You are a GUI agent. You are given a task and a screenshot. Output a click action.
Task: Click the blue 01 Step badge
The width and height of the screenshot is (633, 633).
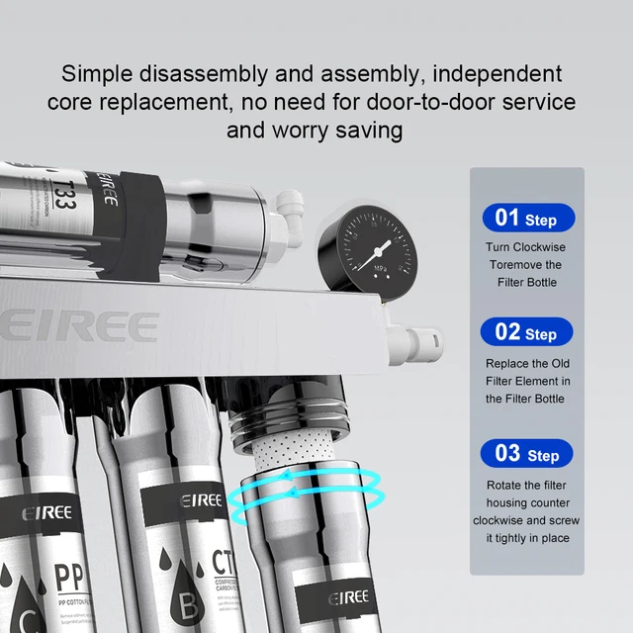[528, 219]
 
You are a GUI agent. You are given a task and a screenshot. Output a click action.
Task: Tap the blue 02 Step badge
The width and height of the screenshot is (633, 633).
[528, 333]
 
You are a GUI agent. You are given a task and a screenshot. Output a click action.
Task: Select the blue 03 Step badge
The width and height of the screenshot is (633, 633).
[528, 454]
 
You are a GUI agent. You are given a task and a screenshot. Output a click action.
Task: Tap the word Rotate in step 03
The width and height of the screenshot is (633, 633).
[505, 486]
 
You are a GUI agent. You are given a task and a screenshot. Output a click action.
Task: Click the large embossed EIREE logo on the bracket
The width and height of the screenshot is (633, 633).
[79, 326]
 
